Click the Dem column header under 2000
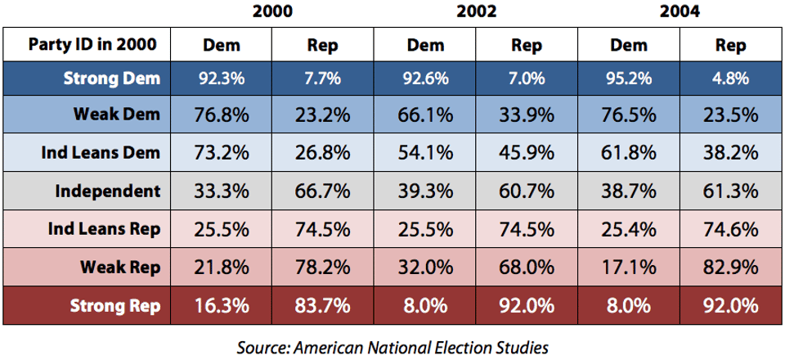pos(221,46)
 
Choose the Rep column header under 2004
pos(731,46)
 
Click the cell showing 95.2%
pos(629,80)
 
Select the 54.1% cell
pos(425,153)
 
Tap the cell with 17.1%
pos(629,267)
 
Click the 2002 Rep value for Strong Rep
pos(527,305)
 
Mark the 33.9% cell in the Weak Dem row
pos(527,115)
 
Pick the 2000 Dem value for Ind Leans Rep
pos(221,228)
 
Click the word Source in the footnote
pos(259,347)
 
